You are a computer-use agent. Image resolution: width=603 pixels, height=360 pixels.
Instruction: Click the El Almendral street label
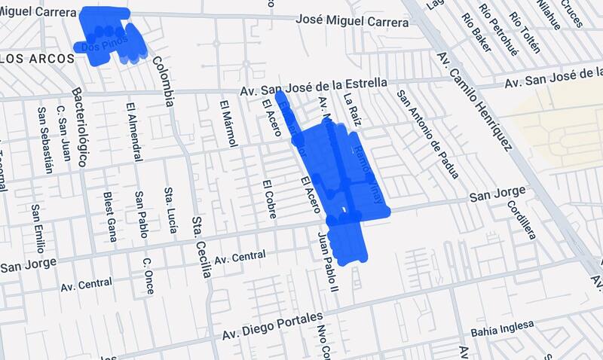tap(134, 132)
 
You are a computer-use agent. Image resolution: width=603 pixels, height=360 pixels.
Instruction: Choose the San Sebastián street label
tap(44, 139)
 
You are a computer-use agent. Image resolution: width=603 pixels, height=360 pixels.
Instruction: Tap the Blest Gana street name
tap(110, 216)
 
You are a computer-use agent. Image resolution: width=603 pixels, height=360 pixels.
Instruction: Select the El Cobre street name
tap(268, 199)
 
